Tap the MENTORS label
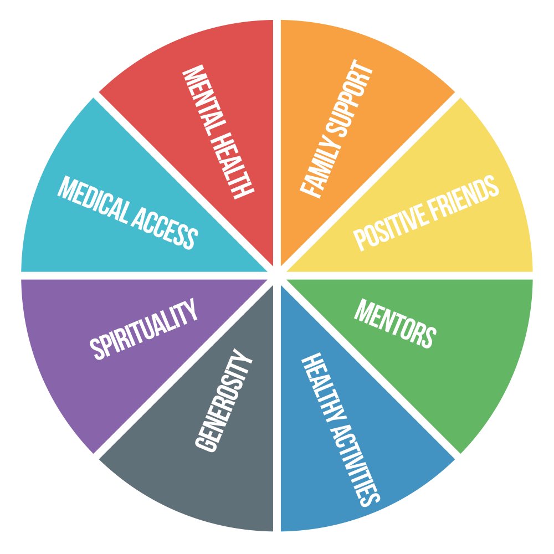point(395,324)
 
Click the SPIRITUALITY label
point(144,330)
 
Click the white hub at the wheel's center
point(277,275)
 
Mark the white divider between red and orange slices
point(277,138)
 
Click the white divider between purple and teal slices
point(138,275)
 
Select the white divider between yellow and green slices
point(416,275)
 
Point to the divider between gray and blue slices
point(277,416)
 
